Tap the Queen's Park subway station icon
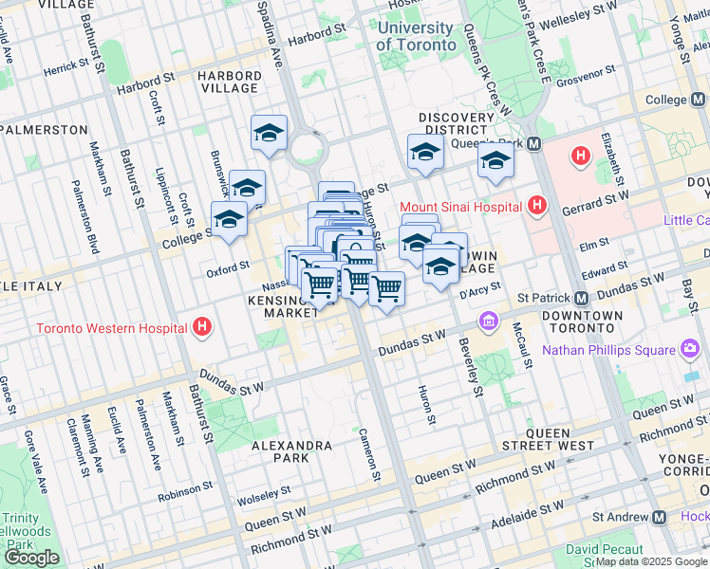tap(534, 144)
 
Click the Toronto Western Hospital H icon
tap(201, 329)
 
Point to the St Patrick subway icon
tap(582, 297)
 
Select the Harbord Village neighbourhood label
tap(228, 82)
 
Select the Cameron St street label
tap(368, 453)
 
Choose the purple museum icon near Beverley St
tap(490, 320)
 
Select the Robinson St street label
tap(186, 489)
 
